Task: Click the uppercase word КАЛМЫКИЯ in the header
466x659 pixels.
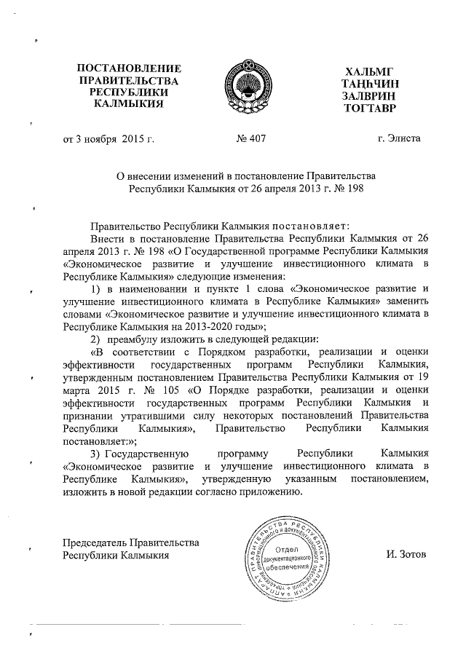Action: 129,104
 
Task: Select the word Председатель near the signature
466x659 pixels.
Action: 95,542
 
